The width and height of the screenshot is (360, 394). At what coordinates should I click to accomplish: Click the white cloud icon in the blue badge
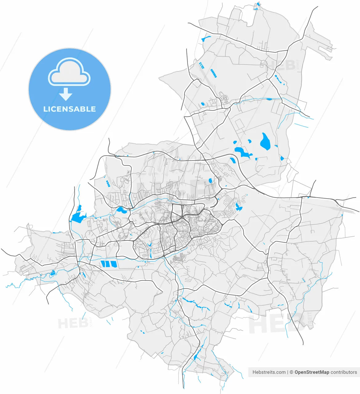69,73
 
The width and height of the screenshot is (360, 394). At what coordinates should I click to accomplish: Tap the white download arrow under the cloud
66,94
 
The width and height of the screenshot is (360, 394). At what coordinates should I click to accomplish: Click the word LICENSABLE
70,109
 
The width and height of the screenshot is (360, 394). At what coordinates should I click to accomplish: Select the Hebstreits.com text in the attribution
269,372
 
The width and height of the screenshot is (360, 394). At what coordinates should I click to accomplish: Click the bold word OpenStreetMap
312,372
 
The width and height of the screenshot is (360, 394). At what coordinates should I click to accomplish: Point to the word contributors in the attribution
344,372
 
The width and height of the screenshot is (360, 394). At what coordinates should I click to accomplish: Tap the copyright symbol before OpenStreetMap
291,372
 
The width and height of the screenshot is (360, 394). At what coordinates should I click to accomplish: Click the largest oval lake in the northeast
265,142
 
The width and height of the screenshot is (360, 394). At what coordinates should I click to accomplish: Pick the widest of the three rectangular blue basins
113,264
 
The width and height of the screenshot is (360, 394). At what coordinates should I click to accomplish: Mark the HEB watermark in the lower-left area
73,323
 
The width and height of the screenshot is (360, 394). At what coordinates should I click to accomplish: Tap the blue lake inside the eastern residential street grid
238,207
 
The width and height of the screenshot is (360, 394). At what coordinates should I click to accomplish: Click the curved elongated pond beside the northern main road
206,39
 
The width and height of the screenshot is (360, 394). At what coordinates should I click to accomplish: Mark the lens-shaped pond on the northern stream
269,99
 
